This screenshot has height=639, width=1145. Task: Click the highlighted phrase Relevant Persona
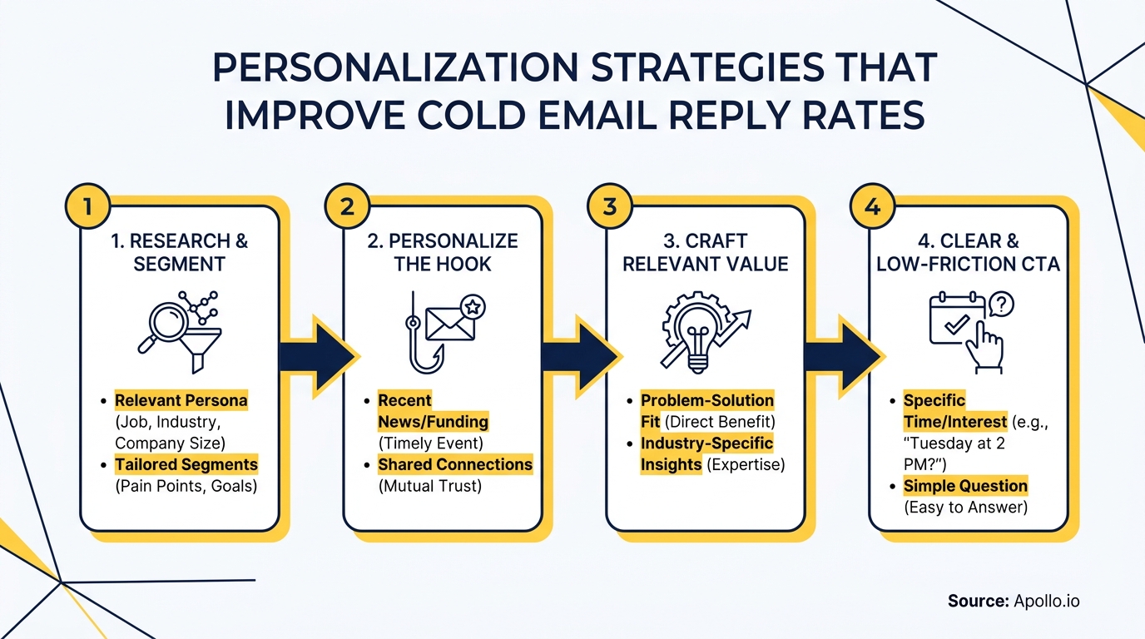coord(181,400)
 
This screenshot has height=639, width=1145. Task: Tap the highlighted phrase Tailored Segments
coord(186,464)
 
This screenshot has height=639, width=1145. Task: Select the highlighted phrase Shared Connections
coord(454,464)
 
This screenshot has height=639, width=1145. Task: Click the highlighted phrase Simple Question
coord(965,486)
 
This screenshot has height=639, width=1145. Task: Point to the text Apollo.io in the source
coord(1046,601)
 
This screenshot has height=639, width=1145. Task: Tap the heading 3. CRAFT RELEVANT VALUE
coord(705,253)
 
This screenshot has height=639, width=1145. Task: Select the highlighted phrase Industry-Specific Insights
coord(706,453)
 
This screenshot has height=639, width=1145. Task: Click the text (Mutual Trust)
coord(429,486)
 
